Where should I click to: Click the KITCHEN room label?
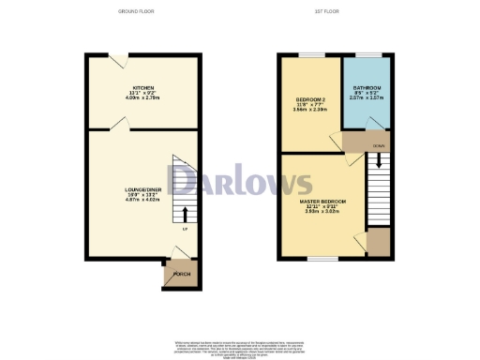(142, 87)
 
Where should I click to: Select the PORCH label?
(183, 274)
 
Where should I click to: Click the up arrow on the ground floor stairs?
(184, 213)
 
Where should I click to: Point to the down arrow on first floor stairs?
(378, 162)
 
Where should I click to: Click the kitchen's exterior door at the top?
(118, 59)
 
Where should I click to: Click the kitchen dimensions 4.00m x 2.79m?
(142, 97)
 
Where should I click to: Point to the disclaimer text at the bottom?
(239, 344)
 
